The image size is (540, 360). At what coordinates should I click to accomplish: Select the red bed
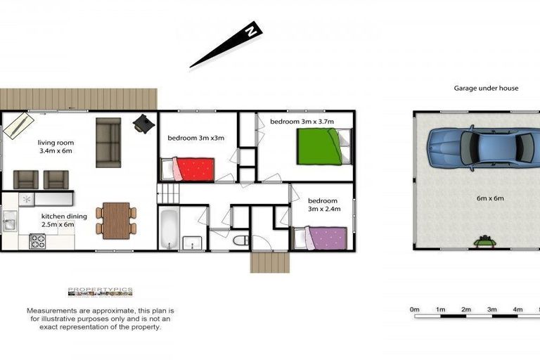[x=188, y=169]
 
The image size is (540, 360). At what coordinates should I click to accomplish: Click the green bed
[x=319, y=147]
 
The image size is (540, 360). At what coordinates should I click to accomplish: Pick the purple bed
[x=321, y=238]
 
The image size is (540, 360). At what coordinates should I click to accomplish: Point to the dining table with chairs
[x=116, y=219]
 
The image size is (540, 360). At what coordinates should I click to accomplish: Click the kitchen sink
[x=9, y=225]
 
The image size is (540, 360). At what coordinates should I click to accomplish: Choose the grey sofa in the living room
[x=108, y=142]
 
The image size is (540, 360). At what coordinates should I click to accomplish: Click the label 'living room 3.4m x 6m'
[x=56, y=146]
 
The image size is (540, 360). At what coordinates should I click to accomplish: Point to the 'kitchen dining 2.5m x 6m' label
[x=64, y=220]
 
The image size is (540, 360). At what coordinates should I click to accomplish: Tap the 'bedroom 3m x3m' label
[x=195, y=138]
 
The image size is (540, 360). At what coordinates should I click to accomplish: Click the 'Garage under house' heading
[x=486, y=89]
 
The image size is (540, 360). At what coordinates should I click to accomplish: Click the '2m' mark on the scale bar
[x=465, y=309]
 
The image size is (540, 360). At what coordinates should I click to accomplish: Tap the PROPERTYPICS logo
[x=100, y=291]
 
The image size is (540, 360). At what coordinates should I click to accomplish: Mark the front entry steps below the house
[x=270, y=262]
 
